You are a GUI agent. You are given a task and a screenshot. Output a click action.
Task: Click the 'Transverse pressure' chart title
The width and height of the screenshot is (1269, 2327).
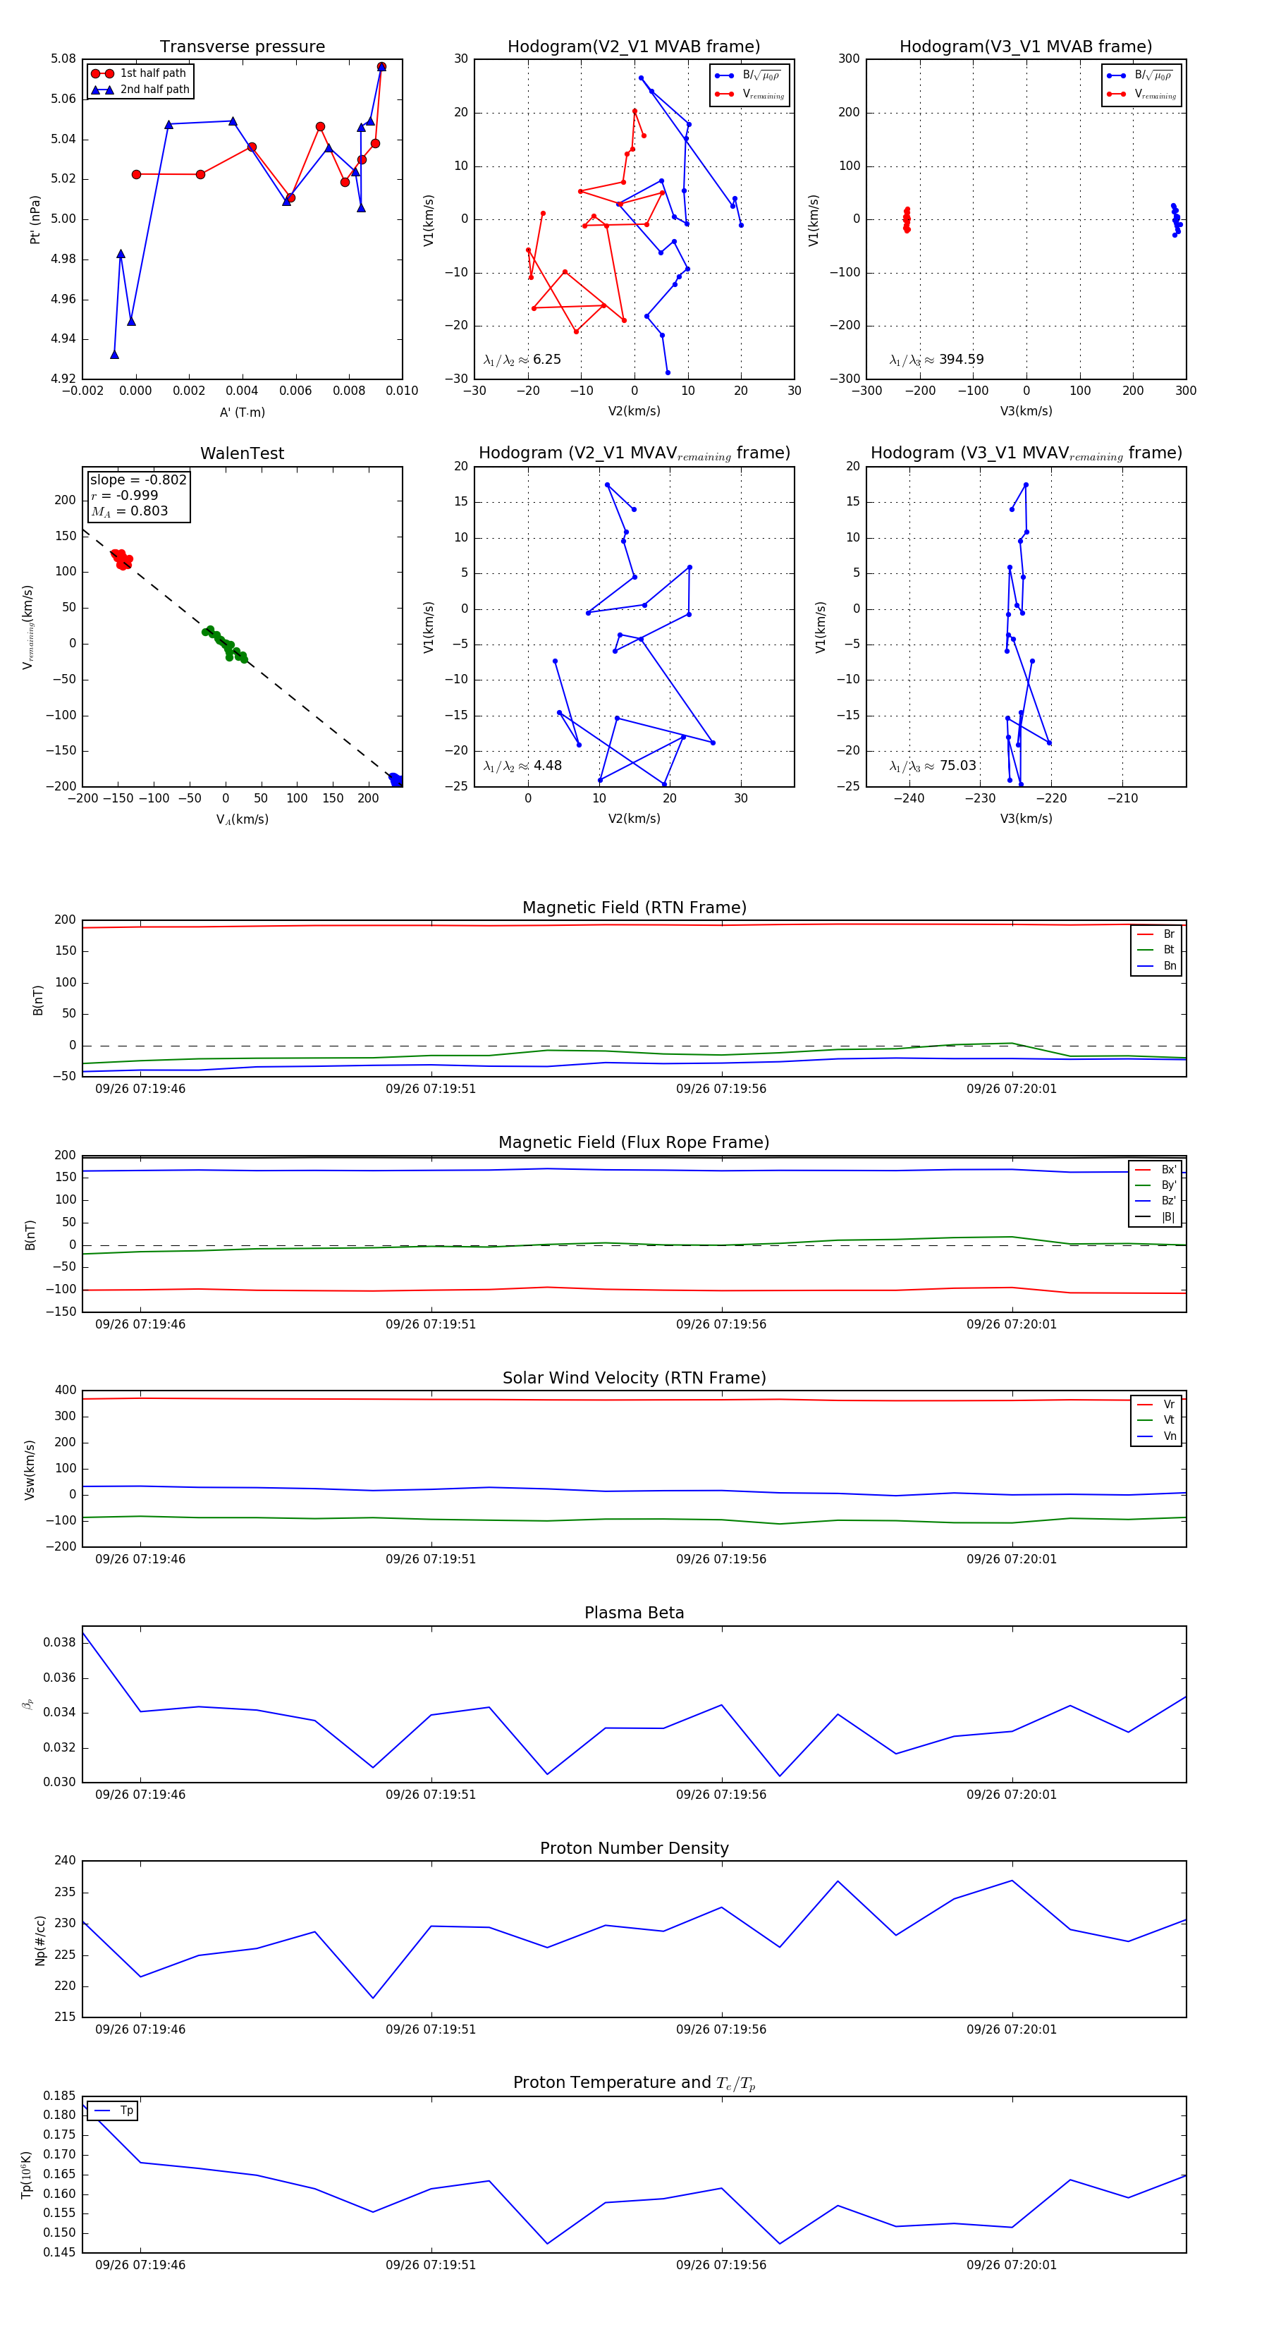click(242, 47)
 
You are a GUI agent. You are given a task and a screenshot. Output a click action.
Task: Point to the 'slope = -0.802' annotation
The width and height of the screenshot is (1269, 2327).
click(138, 480)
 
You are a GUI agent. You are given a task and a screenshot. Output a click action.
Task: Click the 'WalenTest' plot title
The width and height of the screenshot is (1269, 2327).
click(242, 453)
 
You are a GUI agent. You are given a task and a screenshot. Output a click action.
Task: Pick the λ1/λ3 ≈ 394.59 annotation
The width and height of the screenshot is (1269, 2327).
click(937, 360)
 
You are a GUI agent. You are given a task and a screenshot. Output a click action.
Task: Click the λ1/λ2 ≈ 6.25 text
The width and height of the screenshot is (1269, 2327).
click(522, 360)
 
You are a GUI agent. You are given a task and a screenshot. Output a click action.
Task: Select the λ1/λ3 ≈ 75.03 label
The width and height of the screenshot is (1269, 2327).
click(933, 766)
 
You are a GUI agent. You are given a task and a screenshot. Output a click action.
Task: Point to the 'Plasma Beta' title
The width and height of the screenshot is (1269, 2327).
click(634, 1613)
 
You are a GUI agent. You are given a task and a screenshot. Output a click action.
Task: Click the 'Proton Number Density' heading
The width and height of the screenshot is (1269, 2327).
click(634, 1847)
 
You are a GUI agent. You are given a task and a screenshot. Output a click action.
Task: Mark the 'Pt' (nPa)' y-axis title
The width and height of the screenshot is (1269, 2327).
click(35, 219)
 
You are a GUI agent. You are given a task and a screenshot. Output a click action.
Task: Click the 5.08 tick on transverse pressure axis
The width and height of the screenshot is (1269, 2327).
click(63, 59)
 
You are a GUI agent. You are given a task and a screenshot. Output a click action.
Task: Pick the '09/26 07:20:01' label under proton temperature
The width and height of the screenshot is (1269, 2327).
click(1011, 2265)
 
